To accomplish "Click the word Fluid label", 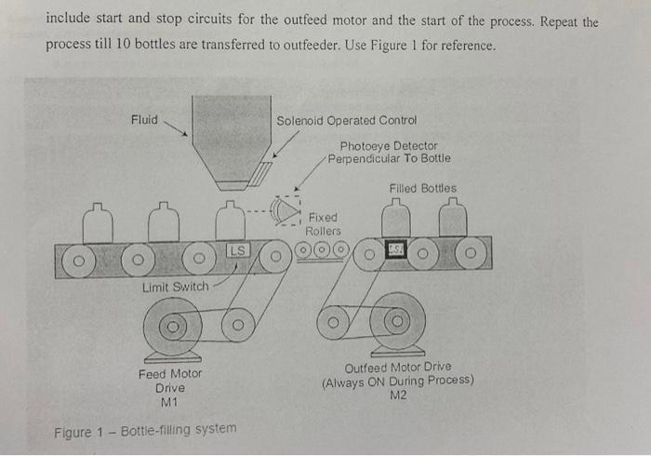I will [144, 119].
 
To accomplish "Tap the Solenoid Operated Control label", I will [346, 120].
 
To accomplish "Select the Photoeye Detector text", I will [388, 146].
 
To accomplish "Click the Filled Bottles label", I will [423, 189].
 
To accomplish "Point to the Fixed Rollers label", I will [323, 224].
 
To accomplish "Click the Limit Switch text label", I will [175, 287].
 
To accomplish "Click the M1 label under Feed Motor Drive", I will [168, 403].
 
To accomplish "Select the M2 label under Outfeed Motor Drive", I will [397, 394].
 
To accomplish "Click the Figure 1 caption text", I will [144, 432].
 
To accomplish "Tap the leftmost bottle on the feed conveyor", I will [99, 222].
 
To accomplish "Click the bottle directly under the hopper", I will [230, 222].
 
